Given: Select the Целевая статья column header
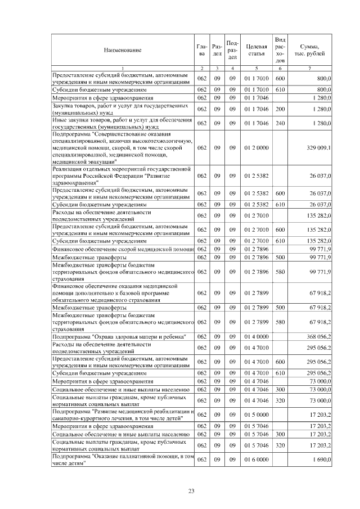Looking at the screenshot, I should point(256,51).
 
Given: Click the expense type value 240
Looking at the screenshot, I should point(280,123).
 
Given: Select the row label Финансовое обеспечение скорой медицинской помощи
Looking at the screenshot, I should point(123,249).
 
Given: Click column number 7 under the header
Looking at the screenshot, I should point(310,69).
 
